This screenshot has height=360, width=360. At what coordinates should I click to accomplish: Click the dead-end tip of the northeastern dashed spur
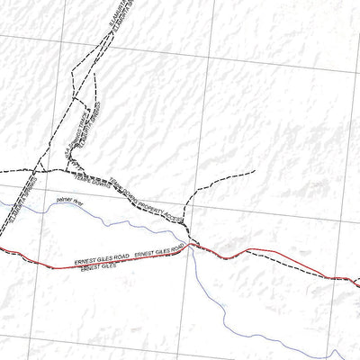click(x=255, y=170)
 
